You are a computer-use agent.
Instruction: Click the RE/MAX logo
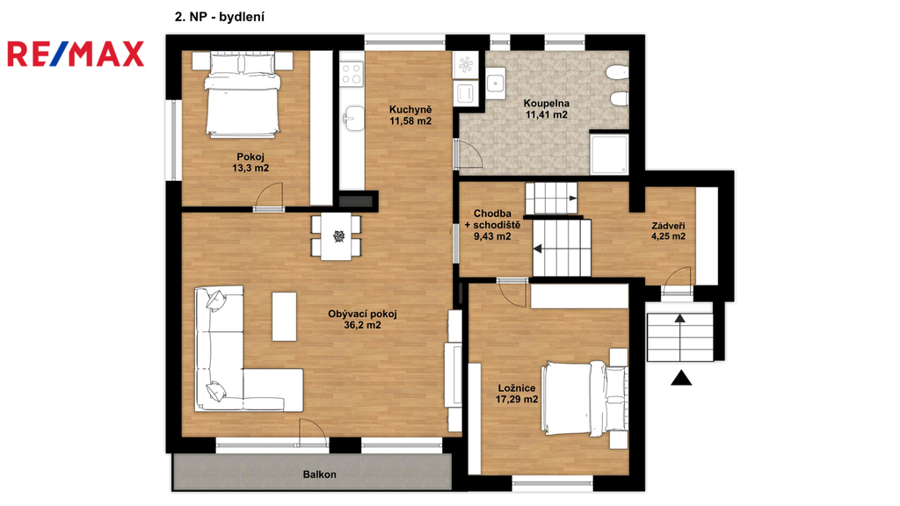(x=76, y=54)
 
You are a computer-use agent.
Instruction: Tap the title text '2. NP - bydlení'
(x=219, y=18)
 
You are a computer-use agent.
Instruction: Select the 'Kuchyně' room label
(x=410, y=110)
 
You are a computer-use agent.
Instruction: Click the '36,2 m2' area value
(x=362, y=325)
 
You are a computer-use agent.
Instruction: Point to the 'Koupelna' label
(x=547, y=104)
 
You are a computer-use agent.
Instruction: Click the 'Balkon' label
(x=320, y=474)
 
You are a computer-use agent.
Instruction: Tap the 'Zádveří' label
(x=668, y=226)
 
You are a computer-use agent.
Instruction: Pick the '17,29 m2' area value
(x=517, y=400)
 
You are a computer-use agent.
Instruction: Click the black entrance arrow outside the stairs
(x=681, y=378)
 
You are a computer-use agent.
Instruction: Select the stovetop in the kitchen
(x=352, y=74)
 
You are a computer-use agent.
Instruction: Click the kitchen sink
(x=352, y=119)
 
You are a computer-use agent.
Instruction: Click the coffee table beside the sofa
(x=284, y=316)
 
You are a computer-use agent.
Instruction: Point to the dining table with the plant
(x=337, y=236)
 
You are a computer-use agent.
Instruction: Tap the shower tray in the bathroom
(x=610, y=153)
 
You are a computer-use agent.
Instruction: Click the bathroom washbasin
(x=496, y=83)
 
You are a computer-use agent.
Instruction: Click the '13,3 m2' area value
(x=250, y=168)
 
